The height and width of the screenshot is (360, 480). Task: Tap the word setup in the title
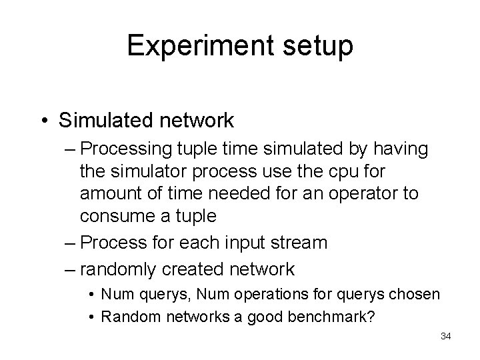[x=322, y=46]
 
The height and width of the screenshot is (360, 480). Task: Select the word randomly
[x=114, y=269]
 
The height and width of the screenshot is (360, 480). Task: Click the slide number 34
[x=446, y=336]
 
